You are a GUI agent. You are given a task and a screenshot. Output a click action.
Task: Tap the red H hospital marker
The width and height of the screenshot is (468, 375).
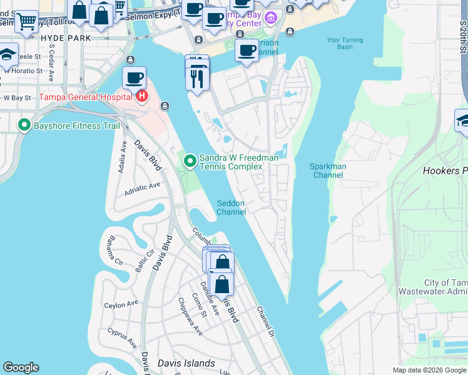tap(142, 96)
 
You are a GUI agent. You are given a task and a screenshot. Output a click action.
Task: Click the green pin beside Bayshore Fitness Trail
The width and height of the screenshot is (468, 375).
tap(24, 125)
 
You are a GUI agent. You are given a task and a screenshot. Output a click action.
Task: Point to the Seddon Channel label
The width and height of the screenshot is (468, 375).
tap(231, 207)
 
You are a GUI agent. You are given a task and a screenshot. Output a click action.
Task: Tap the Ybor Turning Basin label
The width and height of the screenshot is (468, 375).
tap(344, 43)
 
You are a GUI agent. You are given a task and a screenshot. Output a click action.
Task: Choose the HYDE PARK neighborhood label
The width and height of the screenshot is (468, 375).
tap(65, 38)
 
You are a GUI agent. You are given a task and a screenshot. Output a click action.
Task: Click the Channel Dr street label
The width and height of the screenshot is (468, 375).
tap(265, 322)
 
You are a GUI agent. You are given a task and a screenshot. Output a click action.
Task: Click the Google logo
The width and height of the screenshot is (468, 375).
tap(21, 367)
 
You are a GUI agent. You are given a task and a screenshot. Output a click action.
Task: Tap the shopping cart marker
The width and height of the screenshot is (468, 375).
tap(26, 22)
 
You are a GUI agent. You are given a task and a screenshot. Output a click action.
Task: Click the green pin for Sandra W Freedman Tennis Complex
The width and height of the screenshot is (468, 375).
tap(190, 162)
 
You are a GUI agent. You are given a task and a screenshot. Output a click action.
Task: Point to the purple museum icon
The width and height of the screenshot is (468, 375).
tap(270, 16)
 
